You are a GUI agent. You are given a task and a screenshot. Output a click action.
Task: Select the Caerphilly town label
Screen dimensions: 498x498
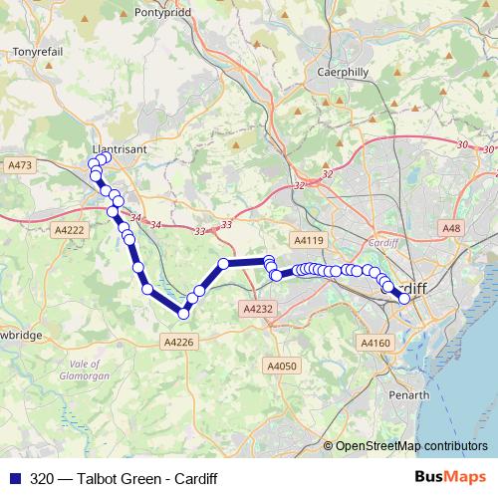click(343, 72)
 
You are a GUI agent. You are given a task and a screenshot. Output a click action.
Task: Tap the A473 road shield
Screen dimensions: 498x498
click(19, 164)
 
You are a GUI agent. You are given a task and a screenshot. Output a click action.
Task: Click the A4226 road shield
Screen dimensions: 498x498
click(179, 342)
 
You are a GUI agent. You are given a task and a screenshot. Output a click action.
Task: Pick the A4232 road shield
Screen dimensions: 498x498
click(257, 310)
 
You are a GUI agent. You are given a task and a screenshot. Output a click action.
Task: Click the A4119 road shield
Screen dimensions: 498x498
click(309, 240)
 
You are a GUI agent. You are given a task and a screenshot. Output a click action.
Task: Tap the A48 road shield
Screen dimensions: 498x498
click(452, 229)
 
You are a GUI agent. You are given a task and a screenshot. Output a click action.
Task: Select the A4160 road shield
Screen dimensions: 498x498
click(375, 344)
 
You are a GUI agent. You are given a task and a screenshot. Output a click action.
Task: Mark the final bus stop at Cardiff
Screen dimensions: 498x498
click(404, 298)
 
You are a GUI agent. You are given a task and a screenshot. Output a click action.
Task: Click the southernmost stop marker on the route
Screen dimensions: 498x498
click(183, 314)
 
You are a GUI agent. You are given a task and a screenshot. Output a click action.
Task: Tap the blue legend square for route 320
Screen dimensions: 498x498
click(14, 478)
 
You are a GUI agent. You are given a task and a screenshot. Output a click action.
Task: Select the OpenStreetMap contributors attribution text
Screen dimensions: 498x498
click(410, 446)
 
